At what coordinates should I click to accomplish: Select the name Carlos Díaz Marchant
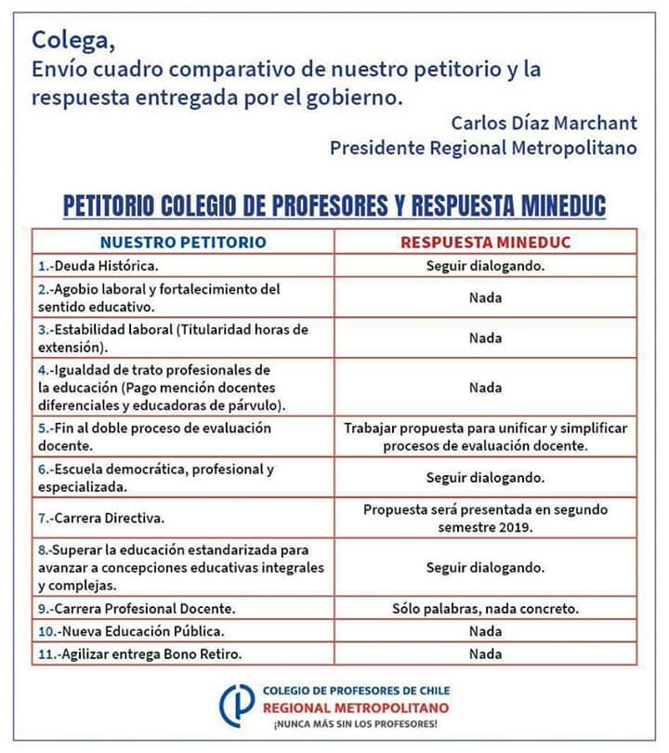[544, 123]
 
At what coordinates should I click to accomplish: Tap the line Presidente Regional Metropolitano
[483, 148]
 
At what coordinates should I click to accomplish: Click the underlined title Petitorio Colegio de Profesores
[334, 205]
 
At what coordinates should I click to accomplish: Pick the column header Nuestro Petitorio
[183, 243]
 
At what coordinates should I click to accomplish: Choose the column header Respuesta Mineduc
[485, 243]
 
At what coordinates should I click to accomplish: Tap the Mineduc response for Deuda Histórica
[485, 266]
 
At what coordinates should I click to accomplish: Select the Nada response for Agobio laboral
[485, 297]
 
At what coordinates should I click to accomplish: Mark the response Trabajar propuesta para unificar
[485, 437]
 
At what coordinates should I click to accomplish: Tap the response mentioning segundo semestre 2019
[485, 518]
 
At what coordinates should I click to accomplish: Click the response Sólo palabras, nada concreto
[485, 609]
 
